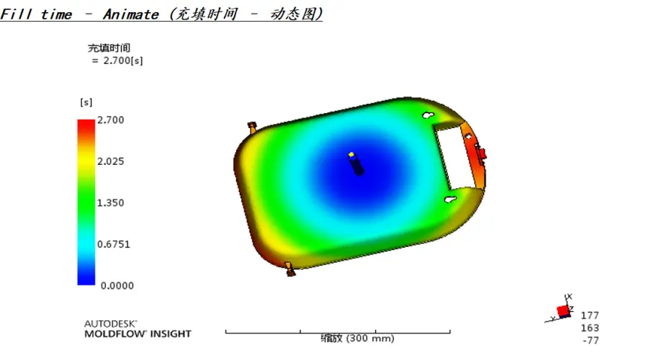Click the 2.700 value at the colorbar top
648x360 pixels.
110,120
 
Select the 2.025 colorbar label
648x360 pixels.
110,161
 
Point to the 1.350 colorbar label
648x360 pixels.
110,202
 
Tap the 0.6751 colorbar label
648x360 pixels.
114,244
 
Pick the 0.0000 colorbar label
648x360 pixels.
117,286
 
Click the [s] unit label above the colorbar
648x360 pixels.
86,102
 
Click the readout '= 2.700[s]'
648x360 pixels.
117,60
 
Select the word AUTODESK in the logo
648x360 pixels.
110,323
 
